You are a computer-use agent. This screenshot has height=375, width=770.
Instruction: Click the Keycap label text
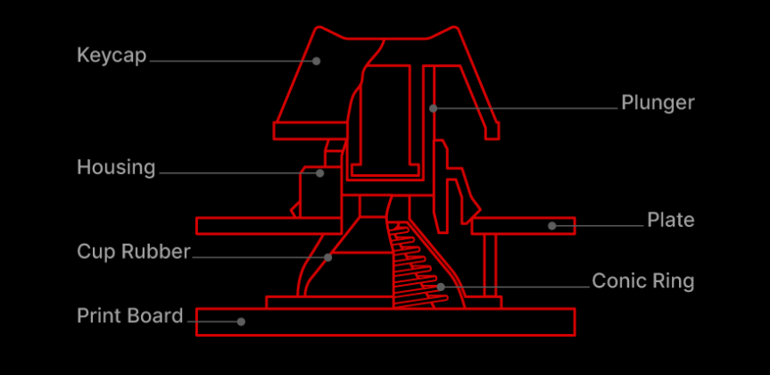112,55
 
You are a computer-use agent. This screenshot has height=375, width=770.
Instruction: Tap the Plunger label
658,104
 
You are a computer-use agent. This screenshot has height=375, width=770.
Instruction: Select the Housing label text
116,168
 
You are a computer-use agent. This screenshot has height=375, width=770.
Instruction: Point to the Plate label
671,220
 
